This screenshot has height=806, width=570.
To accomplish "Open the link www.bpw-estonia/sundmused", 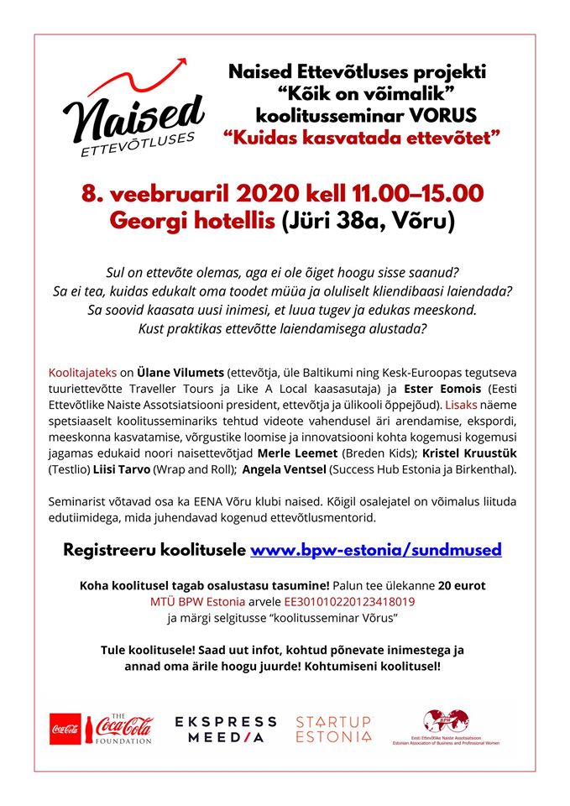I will pos(376,550).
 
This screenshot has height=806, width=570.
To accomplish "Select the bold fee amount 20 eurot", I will pos(455,585).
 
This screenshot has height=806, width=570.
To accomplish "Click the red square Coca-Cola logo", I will pos(65,729).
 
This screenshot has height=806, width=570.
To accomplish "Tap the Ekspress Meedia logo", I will pos(225,730).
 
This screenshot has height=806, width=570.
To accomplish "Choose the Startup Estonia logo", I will pos(333,730).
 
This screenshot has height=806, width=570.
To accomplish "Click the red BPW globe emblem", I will pos(446,720).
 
